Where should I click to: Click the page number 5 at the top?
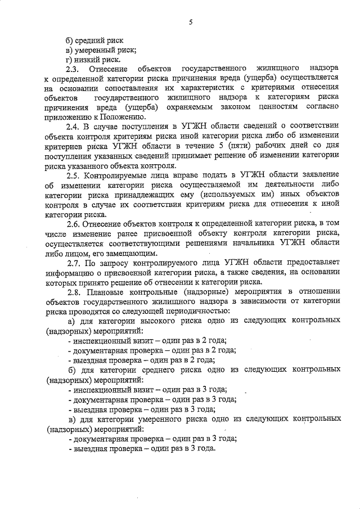(191, 22)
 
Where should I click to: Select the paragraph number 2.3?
(73, 69)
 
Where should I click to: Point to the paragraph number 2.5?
(73, 175)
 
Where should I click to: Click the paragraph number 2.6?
(73, 224)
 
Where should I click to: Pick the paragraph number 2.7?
(73, 263)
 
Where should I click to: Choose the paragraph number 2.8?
(73, 292)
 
